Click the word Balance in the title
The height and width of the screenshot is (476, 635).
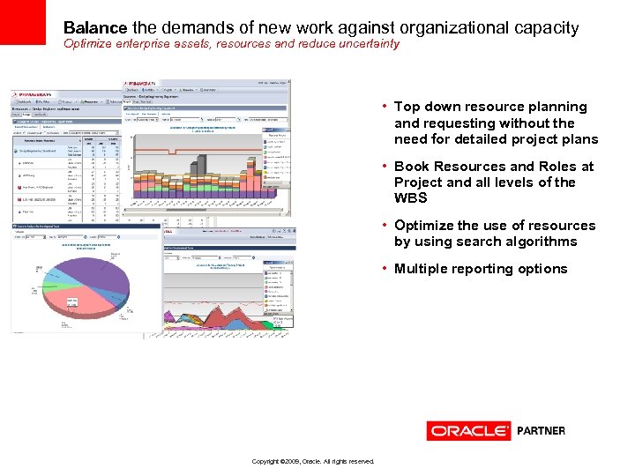tap(94, 28)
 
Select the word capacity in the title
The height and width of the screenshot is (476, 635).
tap(546, 28)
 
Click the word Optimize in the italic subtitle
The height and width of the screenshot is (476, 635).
tap(89, 44)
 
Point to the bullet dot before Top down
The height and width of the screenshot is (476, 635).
tap(385, 107)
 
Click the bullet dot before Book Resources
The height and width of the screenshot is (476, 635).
tap(385, 167)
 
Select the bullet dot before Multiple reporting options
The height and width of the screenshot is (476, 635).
tap(385, 269)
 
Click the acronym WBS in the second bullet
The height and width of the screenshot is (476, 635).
tap(410, 198)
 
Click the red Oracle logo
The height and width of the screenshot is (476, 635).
tap(468, 431)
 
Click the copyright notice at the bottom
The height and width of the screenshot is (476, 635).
tap(312, 461)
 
